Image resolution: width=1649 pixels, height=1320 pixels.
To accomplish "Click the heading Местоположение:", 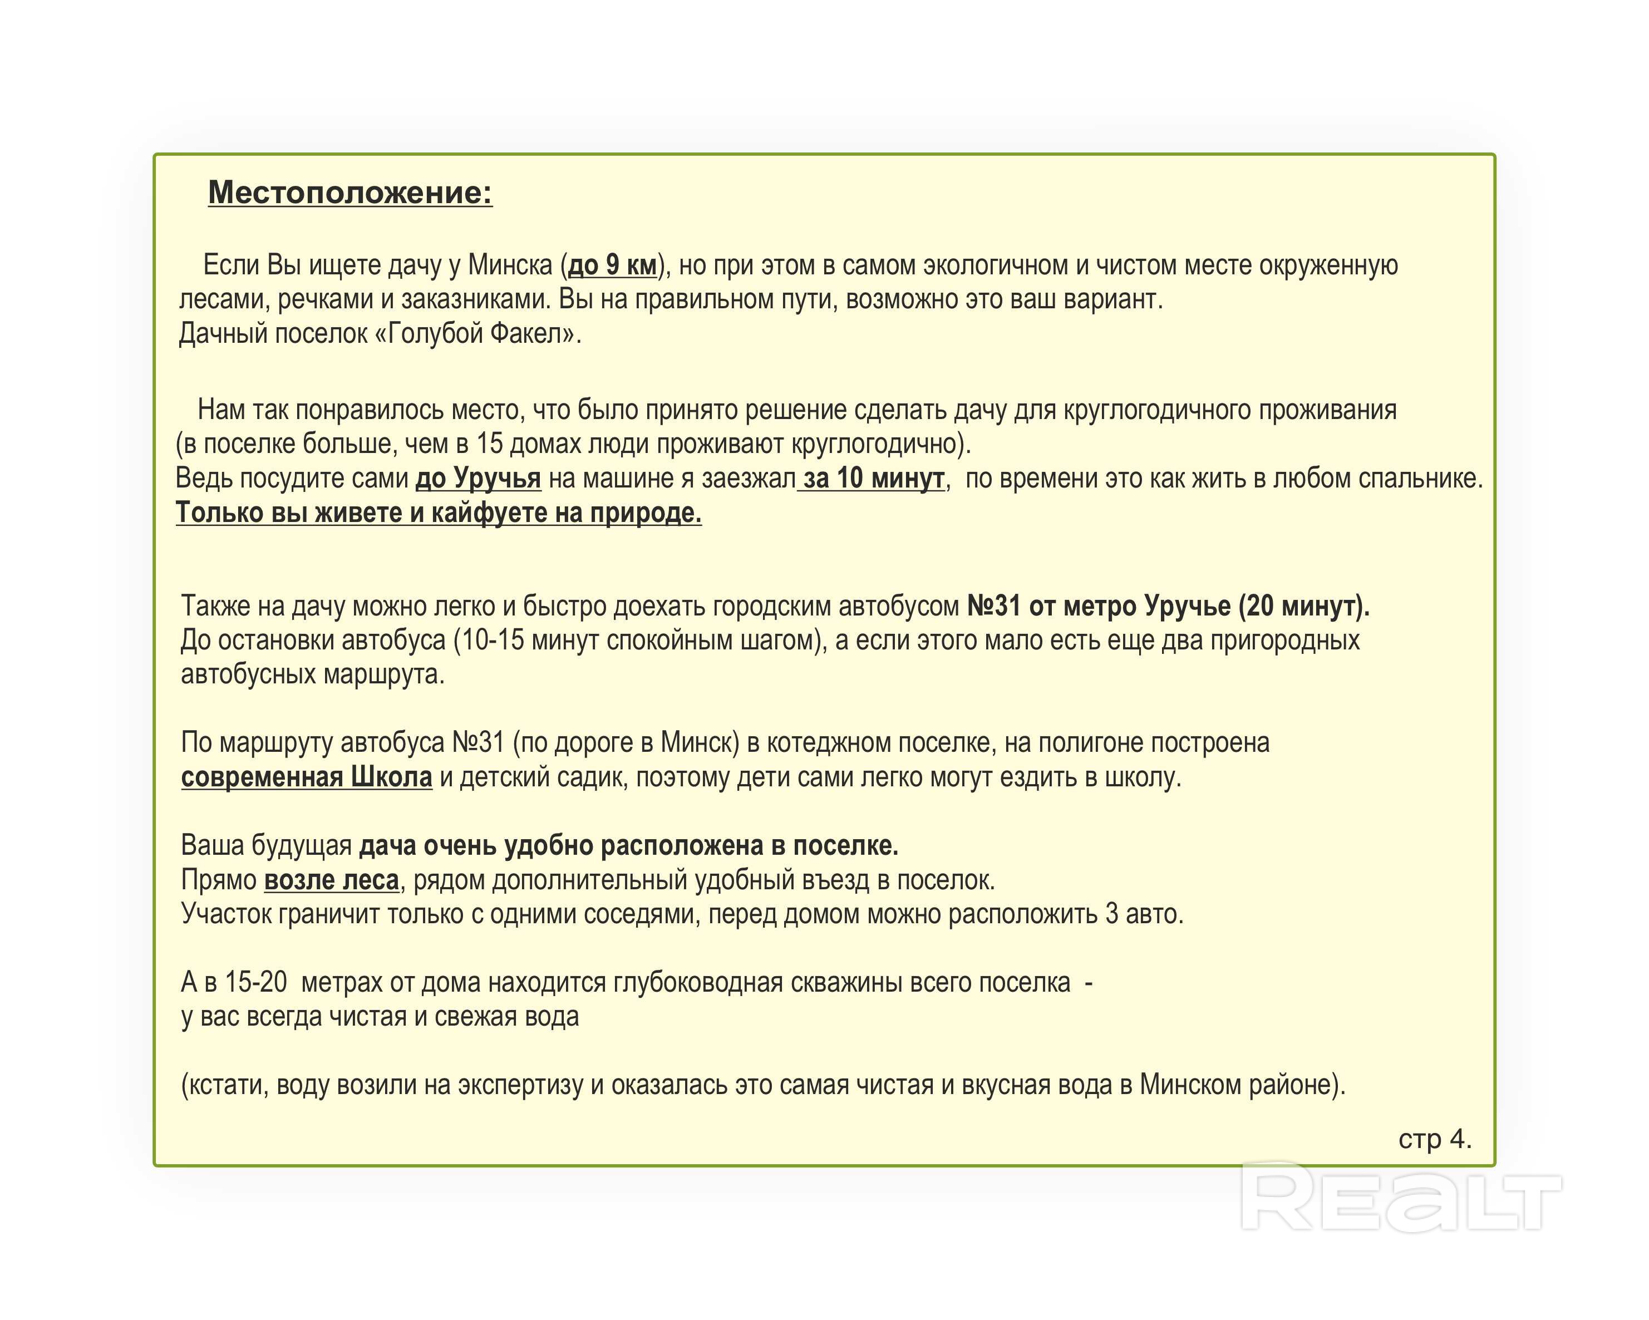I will (x=350, y=192).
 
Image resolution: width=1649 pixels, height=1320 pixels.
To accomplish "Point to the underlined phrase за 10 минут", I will (x=873, y=478).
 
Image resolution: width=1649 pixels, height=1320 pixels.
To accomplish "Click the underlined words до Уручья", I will (x=478, y=478).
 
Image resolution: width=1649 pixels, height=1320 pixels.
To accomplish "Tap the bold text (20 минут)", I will (x=1303, y=605).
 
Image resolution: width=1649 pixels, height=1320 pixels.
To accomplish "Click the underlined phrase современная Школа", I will (x=306, y=777).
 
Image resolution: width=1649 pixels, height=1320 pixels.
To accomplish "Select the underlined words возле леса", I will (x=331, y=880).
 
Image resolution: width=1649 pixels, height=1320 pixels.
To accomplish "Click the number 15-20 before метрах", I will (x=255, y=983).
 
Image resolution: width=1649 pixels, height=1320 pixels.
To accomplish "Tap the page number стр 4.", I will (x=1435, y=1140).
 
